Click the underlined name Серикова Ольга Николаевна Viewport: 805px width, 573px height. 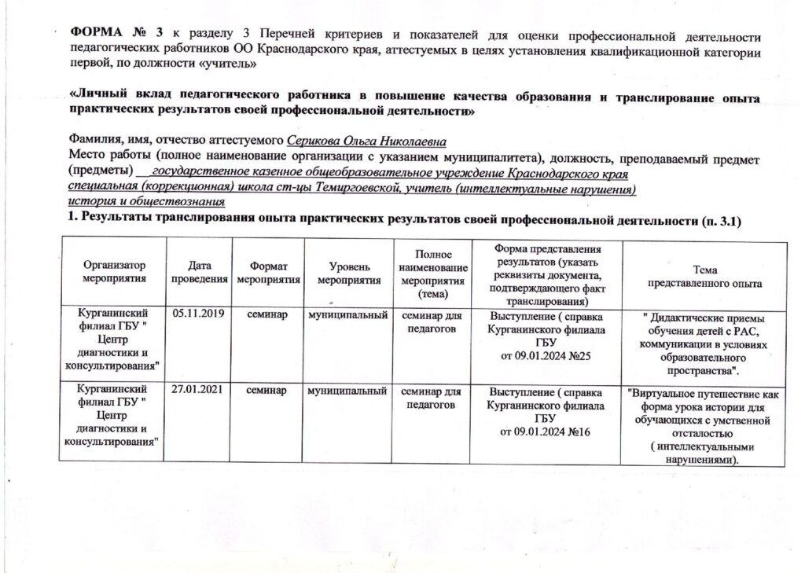pyautogui.click(x=367, y=141)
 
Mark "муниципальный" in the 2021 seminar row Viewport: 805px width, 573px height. pyautogui.click(x=348, y=391)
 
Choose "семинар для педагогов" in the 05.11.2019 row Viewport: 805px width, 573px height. pyautogui.click(x=430, y=321)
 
